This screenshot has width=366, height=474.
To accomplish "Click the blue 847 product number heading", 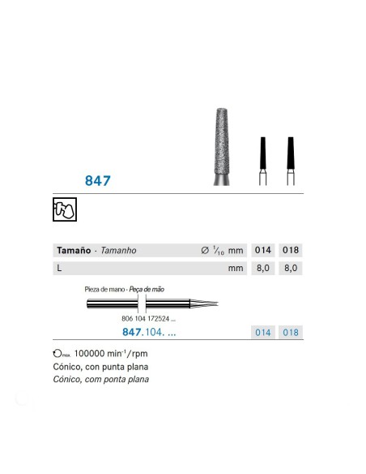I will coord(96,180).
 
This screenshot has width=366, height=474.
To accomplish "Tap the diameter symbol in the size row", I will coord(203,251).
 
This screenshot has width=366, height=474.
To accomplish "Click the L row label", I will coord(59,266).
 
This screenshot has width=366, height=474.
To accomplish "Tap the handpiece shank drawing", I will coord(146,304).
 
